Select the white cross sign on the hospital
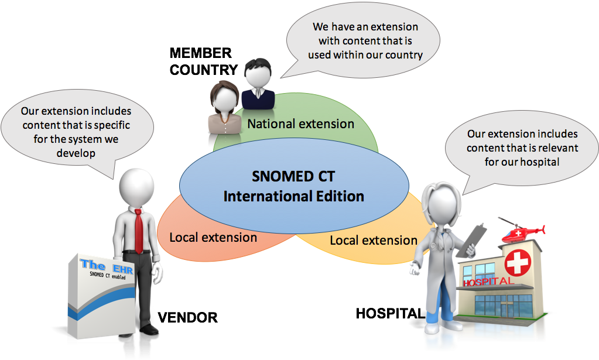point(516,263)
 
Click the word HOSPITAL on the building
point(488,282)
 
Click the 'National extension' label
point(300,124)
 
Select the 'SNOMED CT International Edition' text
point(293,186)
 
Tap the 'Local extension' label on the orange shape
point(213,237)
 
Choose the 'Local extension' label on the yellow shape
point(374,240)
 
